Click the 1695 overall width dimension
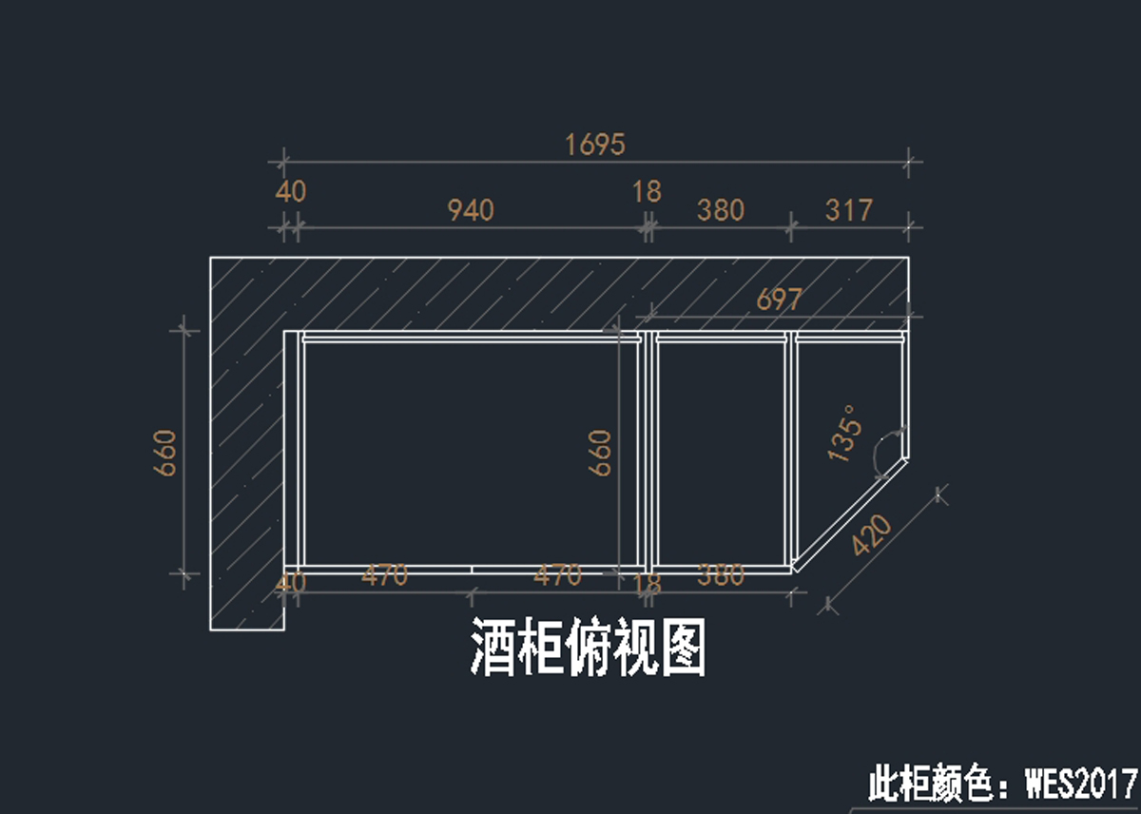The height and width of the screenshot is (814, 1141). tap(595, 145)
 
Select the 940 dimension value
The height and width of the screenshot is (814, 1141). tap(471, 209)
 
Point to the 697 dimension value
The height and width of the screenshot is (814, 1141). tap(780, 300)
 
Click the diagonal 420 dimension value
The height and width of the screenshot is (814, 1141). tap(872, 535)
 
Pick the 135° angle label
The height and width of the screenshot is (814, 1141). tap(845, 434)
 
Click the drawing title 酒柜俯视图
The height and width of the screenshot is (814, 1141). tap(589, 647)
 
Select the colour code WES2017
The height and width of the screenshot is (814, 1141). tap(1080, 785)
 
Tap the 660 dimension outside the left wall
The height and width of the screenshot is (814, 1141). tap(164, 453)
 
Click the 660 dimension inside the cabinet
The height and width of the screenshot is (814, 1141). tap(600, 453)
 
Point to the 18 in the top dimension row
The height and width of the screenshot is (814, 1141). tap(647, 191)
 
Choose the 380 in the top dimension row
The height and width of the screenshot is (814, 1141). tap(720, 209)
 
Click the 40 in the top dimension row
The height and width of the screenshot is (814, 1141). tap(291, 191)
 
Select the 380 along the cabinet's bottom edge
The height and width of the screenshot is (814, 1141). tap(721, 575)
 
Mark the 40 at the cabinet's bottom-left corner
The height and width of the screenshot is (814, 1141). tap(291, 582)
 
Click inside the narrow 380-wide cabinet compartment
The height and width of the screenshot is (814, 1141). tap(721, 452)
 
